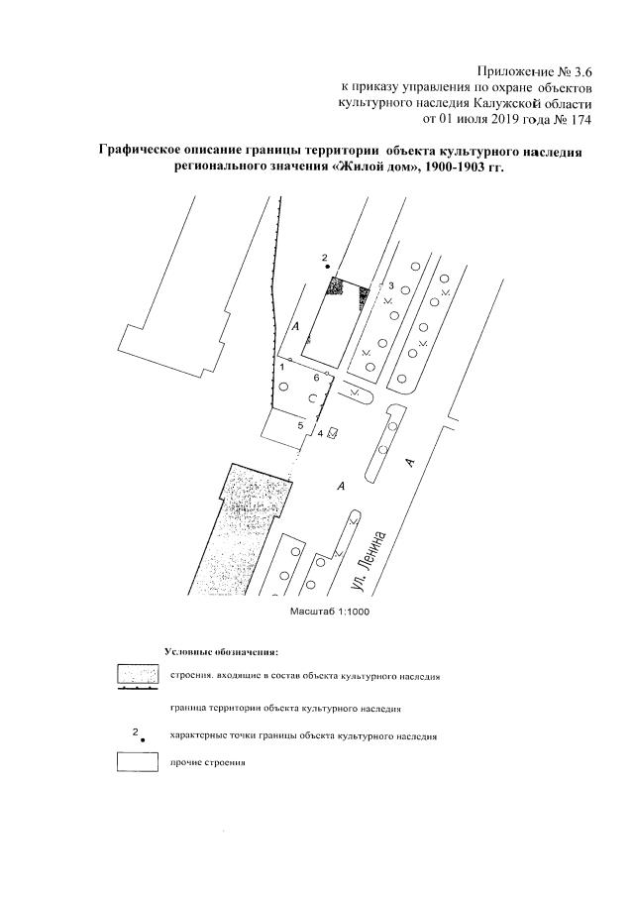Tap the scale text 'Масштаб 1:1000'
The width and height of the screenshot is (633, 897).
[x=331, y=612]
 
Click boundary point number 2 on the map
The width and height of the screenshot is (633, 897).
[x=324, y=258]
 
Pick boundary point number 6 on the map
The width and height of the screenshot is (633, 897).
[x=316, y=378]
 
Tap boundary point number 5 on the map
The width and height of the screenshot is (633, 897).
[x=300, y=425]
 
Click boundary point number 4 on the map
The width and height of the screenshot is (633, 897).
[x=320, y=433]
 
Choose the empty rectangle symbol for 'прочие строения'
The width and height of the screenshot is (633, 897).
[x=139, y=762]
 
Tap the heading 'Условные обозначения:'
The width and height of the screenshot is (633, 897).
[x=220, y=652]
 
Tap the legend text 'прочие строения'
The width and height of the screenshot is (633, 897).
[x=207, y=763]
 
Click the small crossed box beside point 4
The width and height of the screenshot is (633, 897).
[x=333, y=432]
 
